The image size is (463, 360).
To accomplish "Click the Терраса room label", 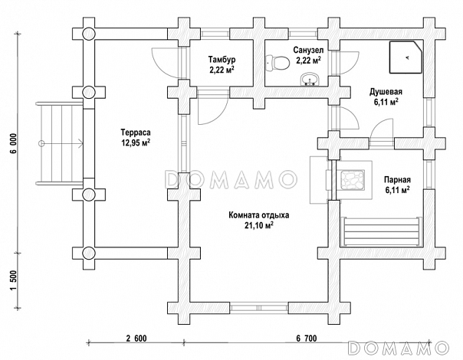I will click(135, 131).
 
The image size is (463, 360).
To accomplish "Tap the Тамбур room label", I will click(222, 59).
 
